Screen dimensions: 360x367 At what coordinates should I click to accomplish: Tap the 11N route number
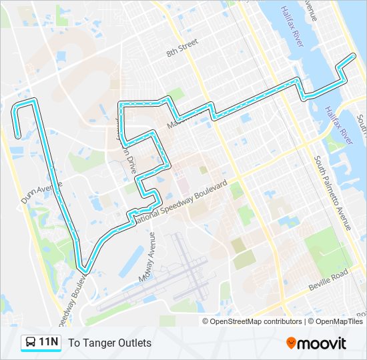coord(49,343)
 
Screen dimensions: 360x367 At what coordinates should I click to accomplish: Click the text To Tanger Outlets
coord(109,343)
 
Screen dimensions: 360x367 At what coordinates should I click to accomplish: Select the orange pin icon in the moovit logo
coord(291,343)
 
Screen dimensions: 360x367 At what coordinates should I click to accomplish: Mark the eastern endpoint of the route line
coord(354,55)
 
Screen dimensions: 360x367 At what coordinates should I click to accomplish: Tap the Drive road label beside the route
coord(131,163)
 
